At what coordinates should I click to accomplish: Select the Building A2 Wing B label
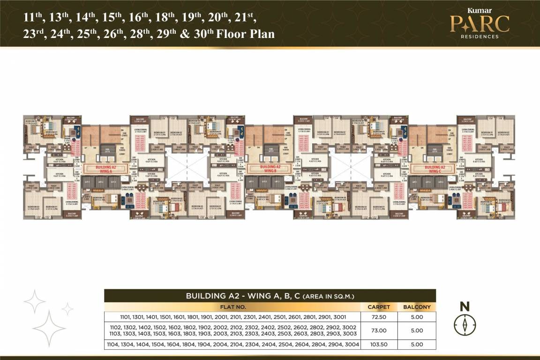click(x=270, y=168)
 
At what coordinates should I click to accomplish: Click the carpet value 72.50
click(x=379, y=317)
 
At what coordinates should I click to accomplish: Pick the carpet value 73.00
click(x=379, y=330)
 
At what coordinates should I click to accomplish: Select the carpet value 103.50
click(x=379, y=345)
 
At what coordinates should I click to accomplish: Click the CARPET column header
click(x=379, y=307)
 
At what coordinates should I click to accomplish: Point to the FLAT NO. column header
click(x=232, y=307)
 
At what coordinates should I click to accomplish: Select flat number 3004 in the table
click(x=351, y=345)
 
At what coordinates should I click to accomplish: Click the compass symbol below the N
click(x=465, y=323)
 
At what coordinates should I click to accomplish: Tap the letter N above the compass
click(x=465, y=307)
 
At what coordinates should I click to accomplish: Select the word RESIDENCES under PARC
click(x=480, y=36)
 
